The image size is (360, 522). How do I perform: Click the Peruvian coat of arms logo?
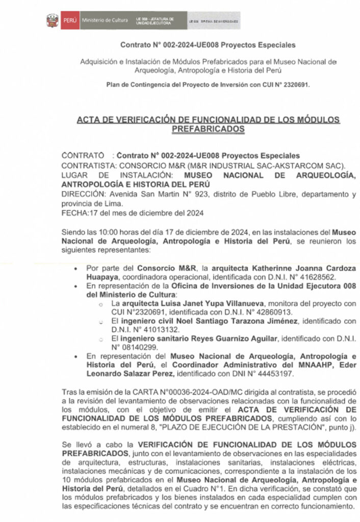click(x=53, y=20)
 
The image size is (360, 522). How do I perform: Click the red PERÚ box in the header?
click(x=69, y=20)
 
